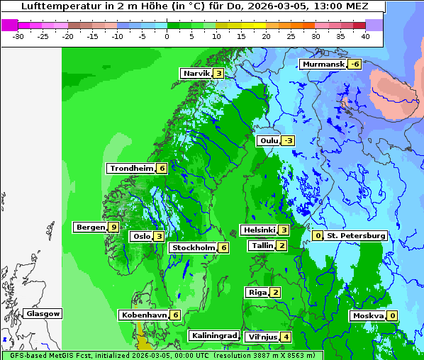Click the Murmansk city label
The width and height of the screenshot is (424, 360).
323,64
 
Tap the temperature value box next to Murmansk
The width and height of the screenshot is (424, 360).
355,64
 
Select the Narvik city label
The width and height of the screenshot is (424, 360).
196,74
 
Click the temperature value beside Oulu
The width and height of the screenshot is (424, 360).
288,141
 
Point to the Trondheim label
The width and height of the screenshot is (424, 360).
131,169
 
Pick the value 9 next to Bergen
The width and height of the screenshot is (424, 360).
113,227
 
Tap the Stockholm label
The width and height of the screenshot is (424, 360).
192,248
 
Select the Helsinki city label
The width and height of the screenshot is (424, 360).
258,230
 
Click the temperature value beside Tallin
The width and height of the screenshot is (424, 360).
281,246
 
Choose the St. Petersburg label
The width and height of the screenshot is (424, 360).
356,236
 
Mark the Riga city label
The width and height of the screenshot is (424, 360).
257,293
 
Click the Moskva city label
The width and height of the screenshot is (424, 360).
367,316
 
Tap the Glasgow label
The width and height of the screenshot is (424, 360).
43,314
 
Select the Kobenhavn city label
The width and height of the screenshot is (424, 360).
144,315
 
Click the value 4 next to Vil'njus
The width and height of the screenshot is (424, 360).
285,337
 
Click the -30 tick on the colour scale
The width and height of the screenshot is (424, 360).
18,35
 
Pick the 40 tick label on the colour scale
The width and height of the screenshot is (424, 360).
365,35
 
